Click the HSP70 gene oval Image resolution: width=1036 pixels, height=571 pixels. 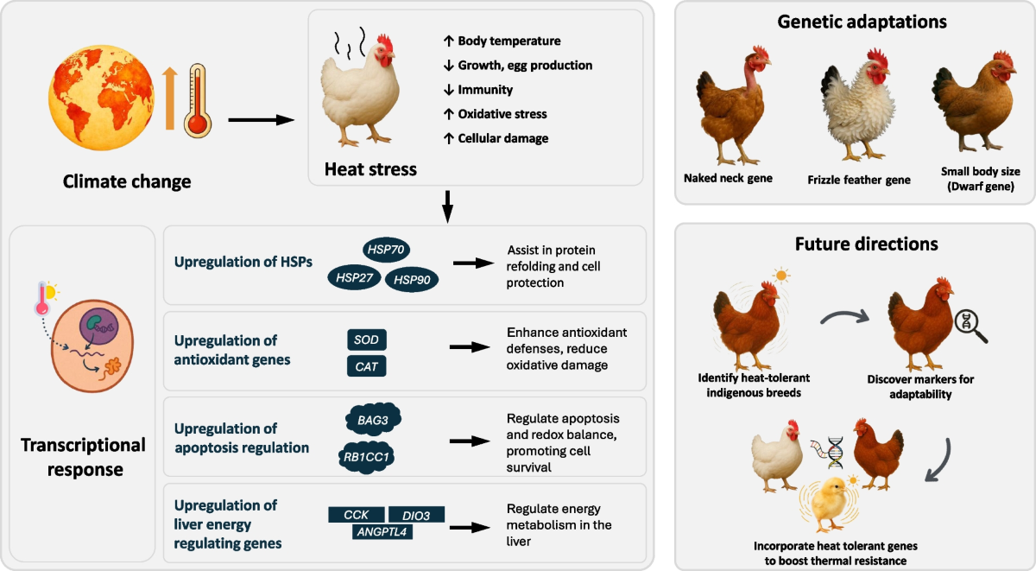click(386, 250)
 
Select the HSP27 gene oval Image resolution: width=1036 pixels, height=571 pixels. click(354, 277)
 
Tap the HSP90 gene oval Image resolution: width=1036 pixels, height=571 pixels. click(412, 280)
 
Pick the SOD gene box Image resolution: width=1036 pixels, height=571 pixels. click(367, 339)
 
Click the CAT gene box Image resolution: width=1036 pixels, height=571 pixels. click(367, 366)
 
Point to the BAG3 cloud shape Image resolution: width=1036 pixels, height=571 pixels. click(373, 420)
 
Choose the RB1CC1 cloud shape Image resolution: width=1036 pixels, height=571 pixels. click(366, 457)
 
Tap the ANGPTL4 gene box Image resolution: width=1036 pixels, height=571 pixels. click(382, 532)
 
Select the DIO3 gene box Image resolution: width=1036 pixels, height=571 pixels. click(416, 515)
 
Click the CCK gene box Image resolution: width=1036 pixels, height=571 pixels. click(356, 515)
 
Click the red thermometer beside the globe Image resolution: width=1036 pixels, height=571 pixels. click(198, 100)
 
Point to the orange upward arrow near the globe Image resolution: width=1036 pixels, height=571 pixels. click(170, 98)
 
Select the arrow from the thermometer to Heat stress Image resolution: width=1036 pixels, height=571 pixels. click(262, 120)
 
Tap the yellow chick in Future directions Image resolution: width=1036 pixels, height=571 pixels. click(830, 504)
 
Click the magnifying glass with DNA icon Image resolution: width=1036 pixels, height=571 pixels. click(970, 326)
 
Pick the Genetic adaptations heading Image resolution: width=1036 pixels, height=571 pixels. click(862, 22)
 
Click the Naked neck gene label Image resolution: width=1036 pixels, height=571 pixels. click(728, 178)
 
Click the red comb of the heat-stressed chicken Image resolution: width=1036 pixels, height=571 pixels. click(385, 43)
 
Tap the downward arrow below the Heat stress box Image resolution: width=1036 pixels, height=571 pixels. click(447, 206)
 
